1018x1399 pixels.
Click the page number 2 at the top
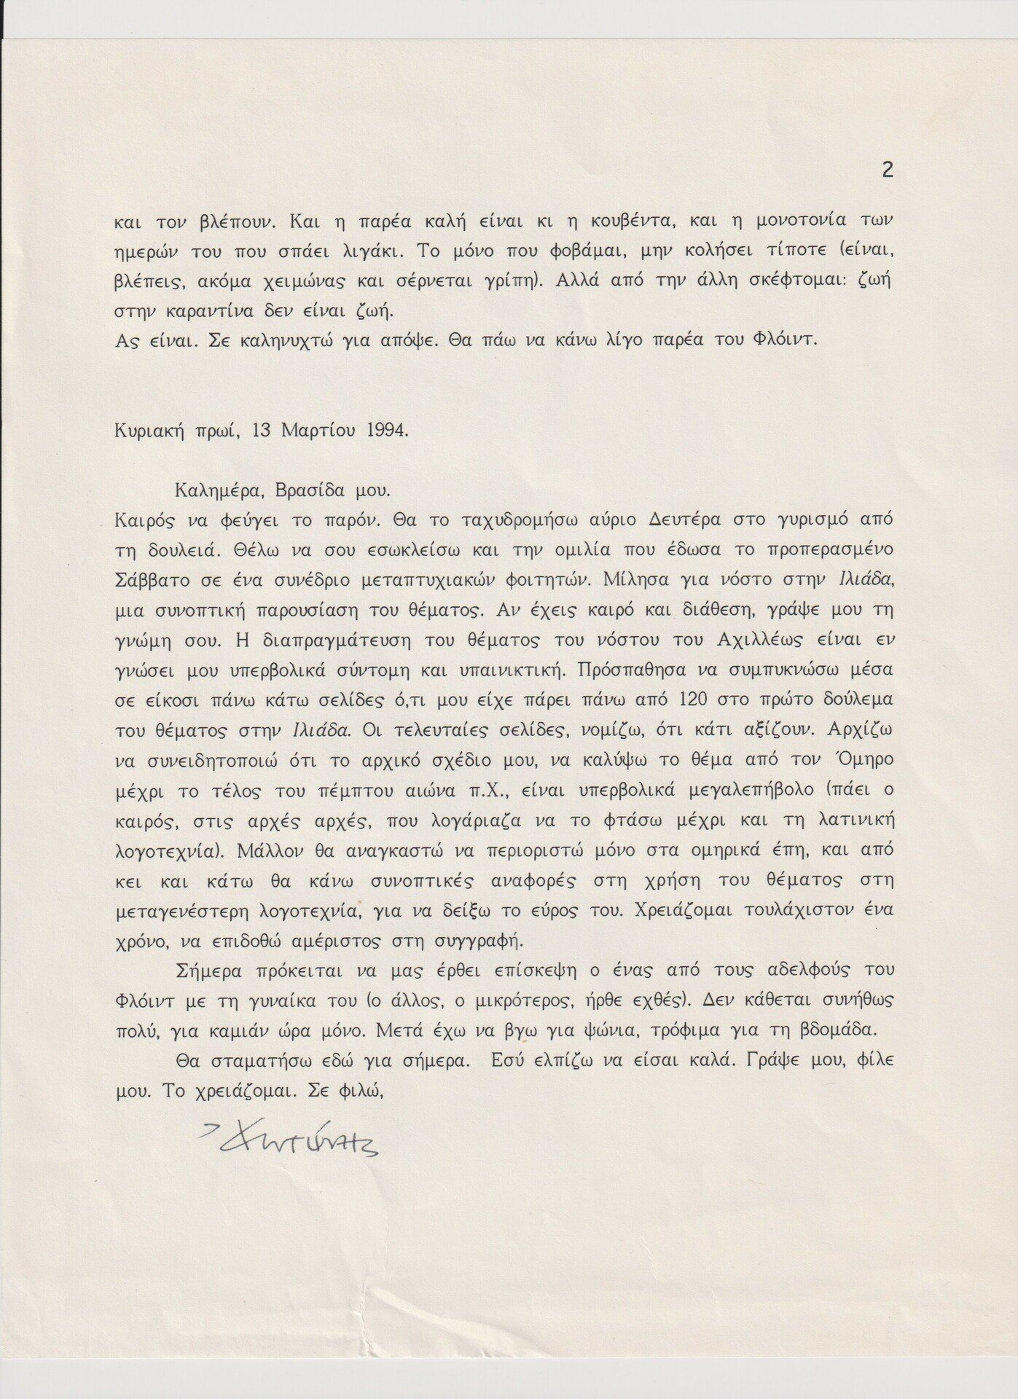point(887,170)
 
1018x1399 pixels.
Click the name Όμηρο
point(861,760)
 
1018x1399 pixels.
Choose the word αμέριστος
point(337,940)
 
